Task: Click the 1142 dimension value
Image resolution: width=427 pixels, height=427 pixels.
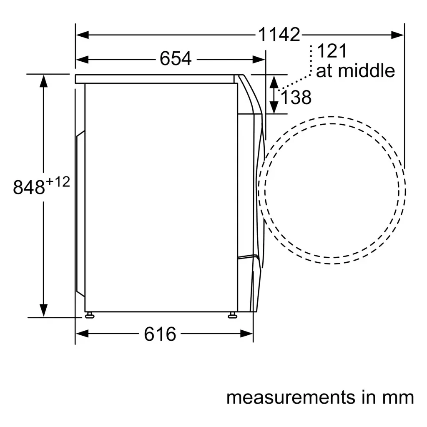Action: tap(279, 35)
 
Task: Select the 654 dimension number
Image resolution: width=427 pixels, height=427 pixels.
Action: tap(176, 58)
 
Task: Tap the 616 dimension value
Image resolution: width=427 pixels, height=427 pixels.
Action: tap(160, 334)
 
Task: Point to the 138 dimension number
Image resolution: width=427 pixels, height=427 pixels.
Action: tap(296, 97)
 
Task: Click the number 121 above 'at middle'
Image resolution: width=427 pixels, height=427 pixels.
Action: tap(332, 50)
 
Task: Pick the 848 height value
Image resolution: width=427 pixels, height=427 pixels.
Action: tap(29, 187)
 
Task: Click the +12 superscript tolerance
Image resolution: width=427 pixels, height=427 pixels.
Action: tap(58, 182)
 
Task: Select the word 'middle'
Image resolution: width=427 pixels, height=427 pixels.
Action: tap(366, 70)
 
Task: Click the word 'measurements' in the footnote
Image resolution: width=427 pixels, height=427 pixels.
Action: tap(291, 397)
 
